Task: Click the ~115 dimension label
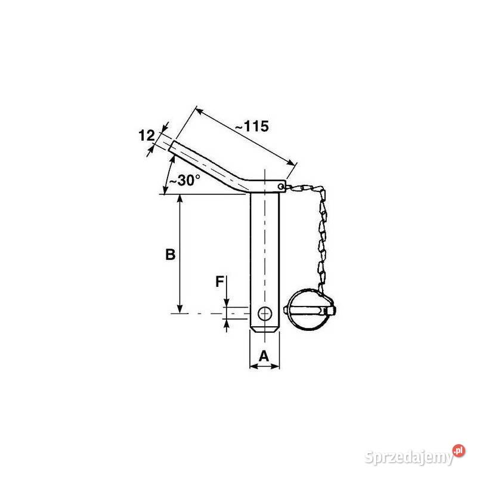click(252, 126)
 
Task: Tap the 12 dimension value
click(147, 136)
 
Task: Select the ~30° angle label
click(185, 180)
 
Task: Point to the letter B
click(171, 255)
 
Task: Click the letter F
click(219, 281)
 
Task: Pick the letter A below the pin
click(264, 356)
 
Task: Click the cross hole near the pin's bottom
click(265, 314)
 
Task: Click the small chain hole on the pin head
click(281, 186)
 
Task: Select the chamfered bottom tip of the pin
click(265, 330)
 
